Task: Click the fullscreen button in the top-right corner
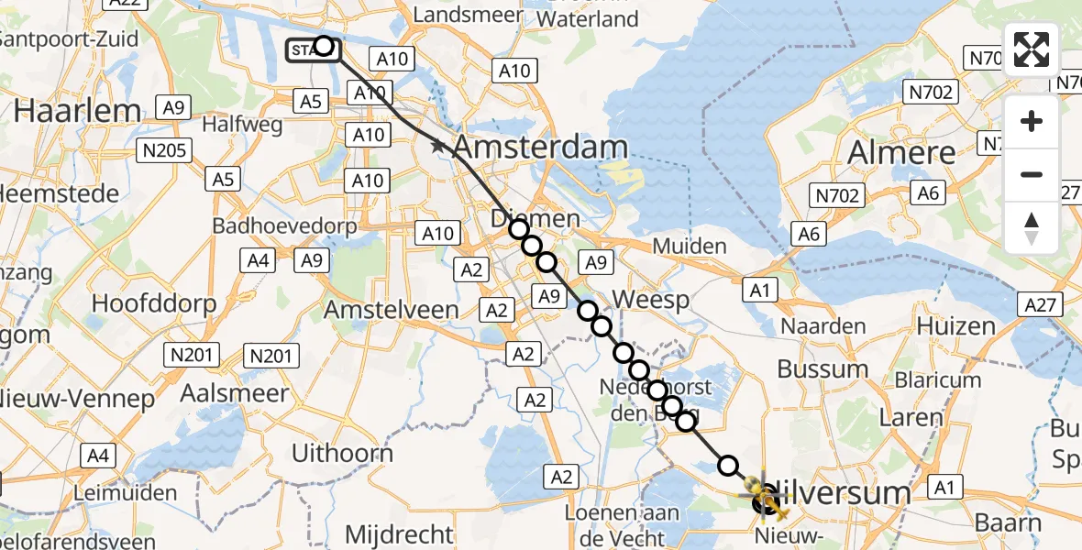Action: pyautogui.click(x=1032, y=49)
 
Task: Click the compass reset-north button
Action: pyautogui.click(x=1032, y=227)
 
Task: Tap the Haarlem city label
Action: pyautogui.click(x=78, y=111)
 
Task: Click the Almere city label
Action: pyautogui.click(x=902, y=152)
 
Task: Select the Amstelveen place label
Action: pyautogui.click(x=392, y=310)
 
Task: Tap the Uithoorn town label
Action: pyautogui.click(x=342, y=453)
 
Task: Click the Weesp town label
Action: pyautogui.click(x=650, y=300)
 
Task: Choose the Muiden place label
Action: pyautogui.click(x=689, y=246)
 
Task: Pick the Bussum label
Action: pyautogui.click(x=823, y=368)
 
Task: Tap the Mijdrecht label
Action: pyautogui.click(x=399, y=533)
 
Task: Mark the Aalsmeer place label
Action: pyautogui.click(x=234, y=393)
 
